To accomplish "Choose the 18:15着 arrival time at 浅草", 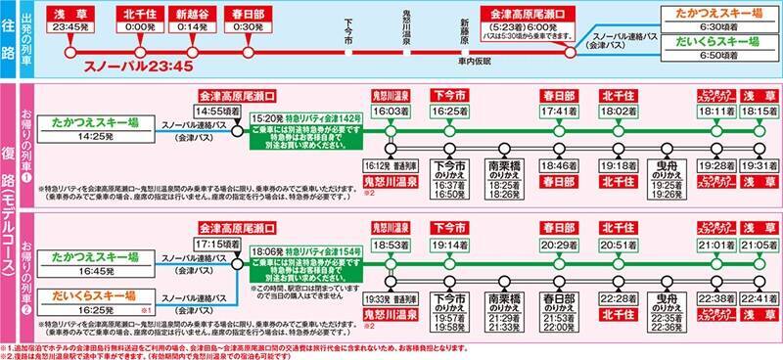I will pos(754,112).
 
